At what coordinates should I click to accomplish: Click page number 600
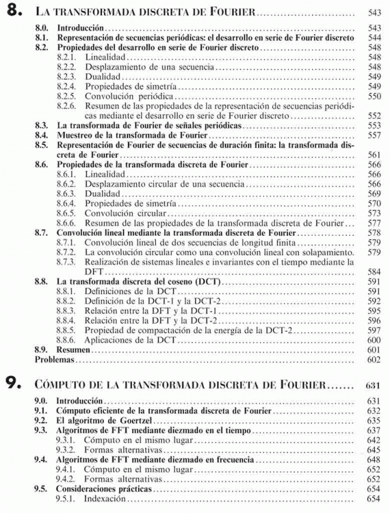pos(373,340)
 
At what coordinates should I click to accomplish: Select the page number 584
pos(373,271)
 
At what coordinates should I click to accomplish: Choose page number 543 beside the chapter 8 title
pos(373,12)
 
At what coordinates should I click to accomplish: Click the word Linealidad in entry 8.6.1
pos(106,175)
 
